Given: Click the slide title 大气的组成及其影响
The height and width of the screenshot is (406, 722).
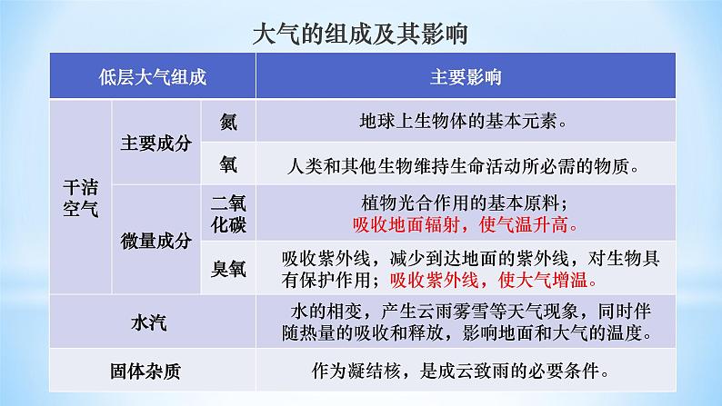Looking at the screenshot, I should (360, 35).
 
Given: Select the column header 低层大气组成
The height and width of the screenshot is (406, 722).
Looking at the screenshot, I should (154, 77).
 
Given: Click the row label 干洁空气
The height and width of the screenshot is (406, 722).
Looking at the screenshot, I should (82, 194).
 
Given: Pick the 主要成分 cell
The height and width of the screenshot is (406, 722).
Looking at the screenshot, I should (155, 143).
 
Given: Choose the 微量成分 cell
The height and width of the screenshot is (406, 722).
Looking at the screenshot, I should (155, 241).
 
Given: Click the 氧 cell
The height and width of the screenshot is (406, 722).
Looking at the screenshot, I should (228, 164).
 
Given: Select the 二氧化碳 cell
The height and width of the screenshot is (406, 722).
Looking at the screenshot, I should (228, 213).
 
